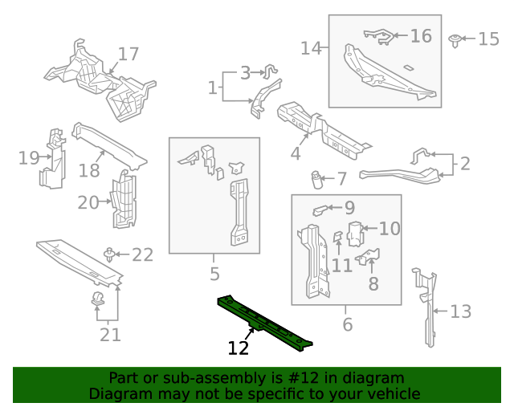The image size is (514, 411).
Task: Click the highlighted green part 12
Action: [x=265, y=323]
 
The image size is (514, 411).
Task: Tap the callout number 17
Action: [x=128, y=55]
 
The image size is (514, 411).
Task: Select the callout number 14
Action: [x=311, y=48]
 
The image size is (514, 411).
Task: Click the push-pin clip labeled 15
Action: [x=455, y=39]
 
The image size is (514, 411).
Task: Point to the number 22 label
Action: [x=142, y=255]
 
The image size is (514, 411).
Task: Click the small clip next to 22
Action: [x=108, y=255]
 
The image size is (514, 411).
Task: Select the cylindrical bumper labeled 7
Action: [x=318, y=178]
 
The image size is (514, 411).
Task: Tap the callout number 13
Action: [x=460, y=311]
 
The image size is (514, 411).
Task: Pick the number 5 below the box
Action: [x=214, y=275]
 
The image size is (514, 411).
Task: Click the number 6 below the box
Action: [x=347, y=324]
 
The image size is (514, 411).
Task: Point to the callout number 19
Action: [x=29, y=158]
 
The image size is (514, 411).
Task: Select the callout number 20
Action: [x=88, y=203]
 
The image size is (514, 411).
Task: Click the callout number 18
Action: [x=89, y=170]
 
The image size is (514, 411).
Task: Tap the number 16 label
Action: [x=421, y=36]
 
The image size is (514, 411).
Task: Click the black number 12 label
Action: [x=239, y=348]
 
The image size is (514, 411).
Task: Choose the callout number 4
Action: [x=296, y=153]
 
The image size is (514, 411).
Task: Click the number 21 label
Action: [x=110, y=334]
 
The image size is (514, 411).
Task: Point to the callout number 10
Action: [x=389, y=229]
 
